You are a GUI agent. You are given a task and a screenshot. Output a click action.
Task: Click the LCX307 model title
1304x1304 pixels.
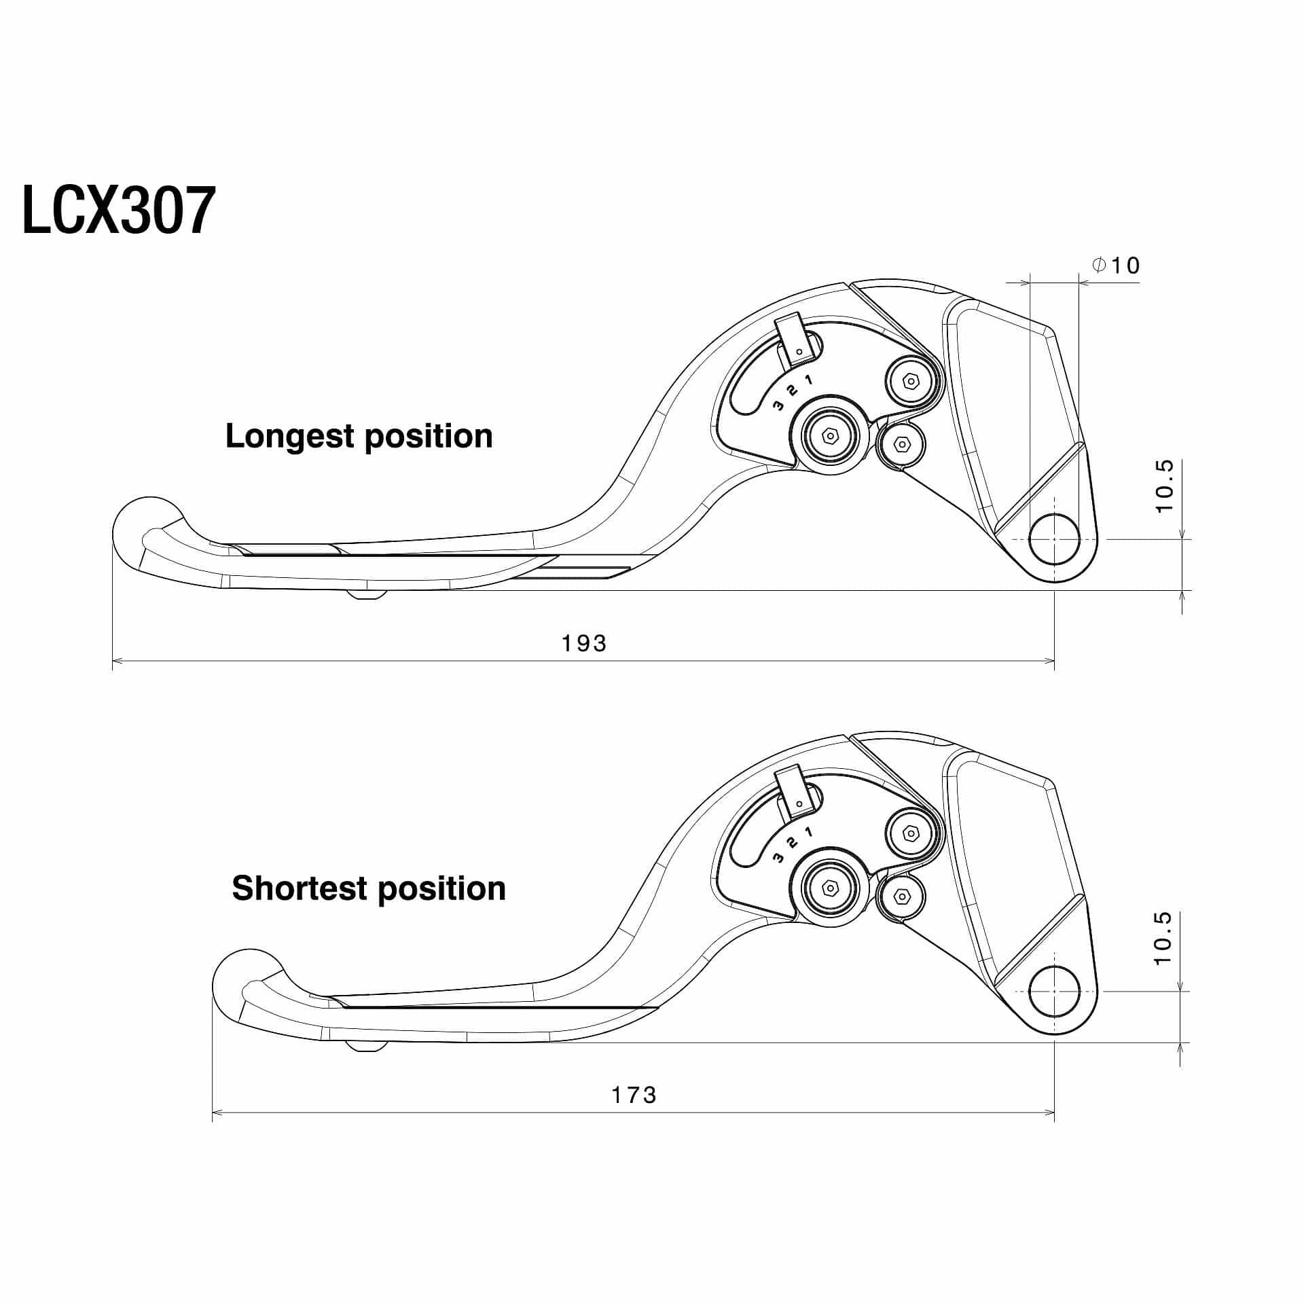tap(119, 211)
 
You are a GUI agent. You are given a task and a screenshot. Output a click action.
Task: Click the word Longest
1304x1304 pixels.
tap(288, 437)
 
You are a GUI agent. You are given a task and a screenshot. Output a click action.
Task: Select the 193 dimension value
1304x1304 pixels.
tap(584, 642)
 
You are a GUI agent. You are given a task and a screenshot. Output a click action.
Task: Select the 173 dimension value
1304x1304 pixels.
tap(634, 1095)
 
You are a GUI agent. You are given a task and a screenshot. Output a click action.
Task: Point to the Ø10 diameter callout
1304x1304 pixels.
tap(1116, 265)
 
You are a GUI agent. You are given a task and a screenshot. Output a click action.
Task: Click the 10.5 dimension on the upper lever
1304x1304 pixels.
tap(1164, 486)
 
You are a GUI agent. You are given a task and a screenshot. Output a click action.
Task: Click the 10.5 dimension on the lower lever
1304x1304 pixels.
tap(1163, 938)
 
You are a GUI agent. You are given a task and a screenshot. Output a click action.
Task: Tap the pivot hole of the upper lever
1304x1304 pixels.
tap(1054, 539)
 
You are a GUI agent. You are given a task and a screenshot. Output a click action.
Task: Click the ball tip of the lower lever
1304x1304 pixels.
tap(244, 978)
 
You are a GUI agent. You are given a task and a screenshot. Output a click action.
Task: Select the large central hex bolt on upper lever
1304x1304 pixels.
tap(830, 435)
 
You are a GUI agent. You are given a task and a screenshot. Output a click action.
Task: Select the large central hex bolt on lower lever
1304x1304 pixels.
tap(830, 888)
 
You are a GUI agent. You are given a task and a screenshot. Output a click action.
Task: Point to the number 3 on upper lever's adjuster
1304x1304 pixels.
tap(778, 406)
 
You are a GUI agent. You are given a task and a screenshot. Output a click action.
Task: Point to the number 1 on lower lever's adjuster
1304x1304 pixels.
tap(808, 832)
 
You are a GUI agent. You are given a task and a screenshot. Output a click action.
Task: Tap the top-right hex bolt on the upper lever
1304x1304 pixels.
tap(911, 382)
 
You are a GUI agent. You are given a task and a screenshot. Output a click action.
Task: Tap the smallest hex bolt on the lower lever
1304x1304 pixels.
tap(902, 897)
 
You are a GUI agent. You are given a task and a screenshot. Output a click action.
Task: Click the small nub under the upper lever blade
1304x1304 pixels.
tap(367, 594)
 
